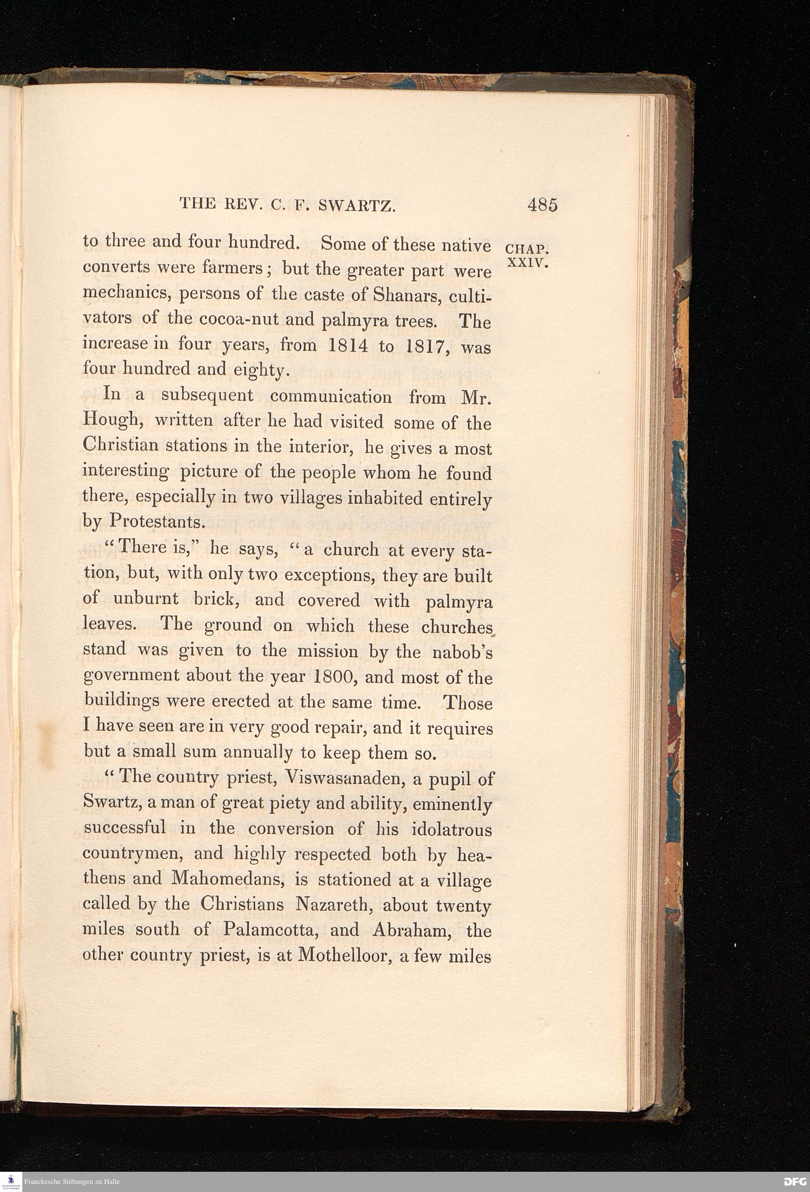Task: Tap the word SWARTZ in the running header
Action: (356, 206)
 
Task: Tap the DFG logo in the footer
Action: (795, 1181)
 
